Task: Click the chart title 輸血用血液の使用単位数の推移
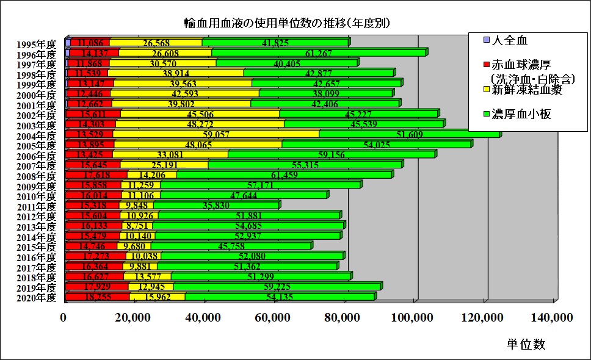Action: point(287,23)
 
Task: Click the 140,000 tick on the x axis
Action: point(553,317)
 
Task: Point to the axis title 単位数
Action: point(526,344)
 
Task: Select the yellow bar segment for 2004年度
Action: point(216,134)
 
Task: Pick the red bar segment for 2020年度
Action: point(98,297)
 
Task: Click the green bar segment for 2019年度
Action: point(277,287)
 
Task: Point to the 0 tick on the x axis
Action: point(63,317)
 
